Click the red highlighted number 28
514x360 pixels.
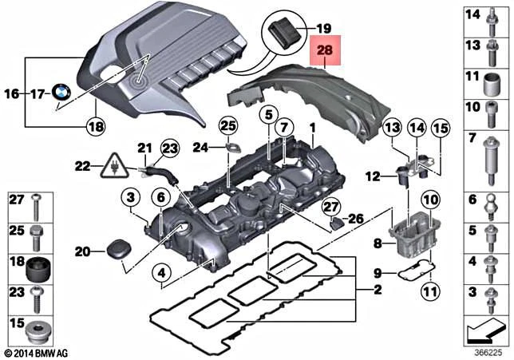click(x=326, y=51)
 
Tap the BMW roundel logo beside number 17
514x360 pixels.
click(x=62, y=93)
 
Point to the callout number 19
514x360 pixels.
click(x=324, y=26)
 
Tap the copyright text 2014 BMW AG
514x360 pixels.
click(x=38, y=352)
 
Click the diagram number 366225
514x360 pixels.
click(x=488, y=350)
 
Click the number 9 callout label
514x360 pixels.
click(x=378, y=271)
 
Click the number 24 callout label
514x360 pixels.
click(x=200, y=146)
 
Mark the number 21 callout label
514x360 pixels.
click(x=144, y=148)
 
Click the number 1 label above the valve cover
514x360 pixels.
click(x=314, y=128)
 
